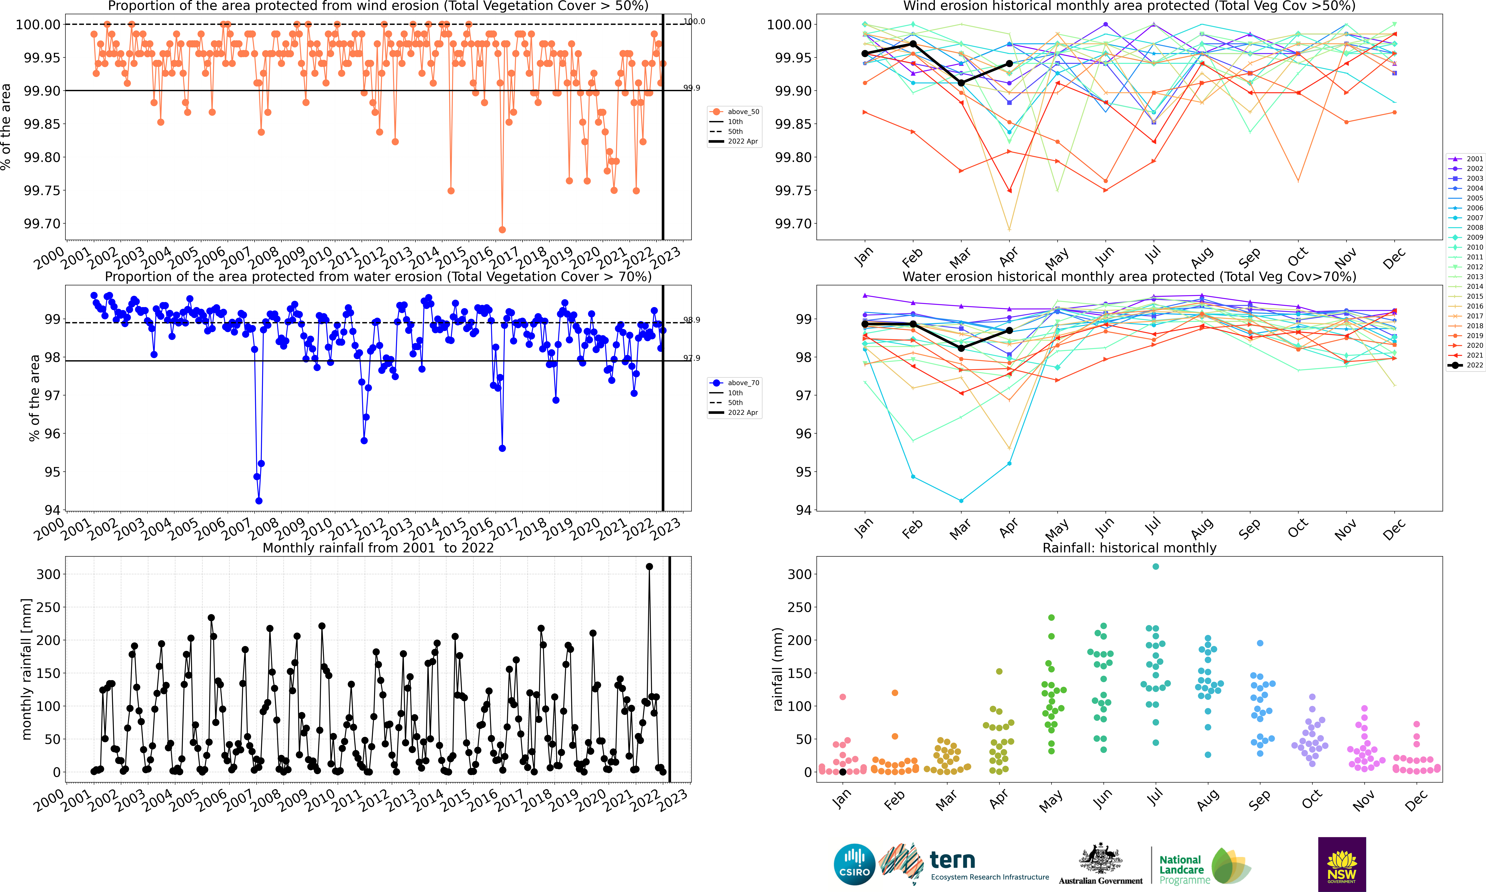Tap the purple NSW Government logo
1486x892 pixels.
click(1342, 864)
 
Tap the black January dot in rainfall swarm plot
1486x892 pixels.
click(842, 772)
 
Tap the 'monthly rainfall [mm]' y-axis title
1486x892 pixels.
click(26, 669)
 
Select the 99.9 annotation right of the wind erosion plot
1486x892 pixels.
click(692, 88)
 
